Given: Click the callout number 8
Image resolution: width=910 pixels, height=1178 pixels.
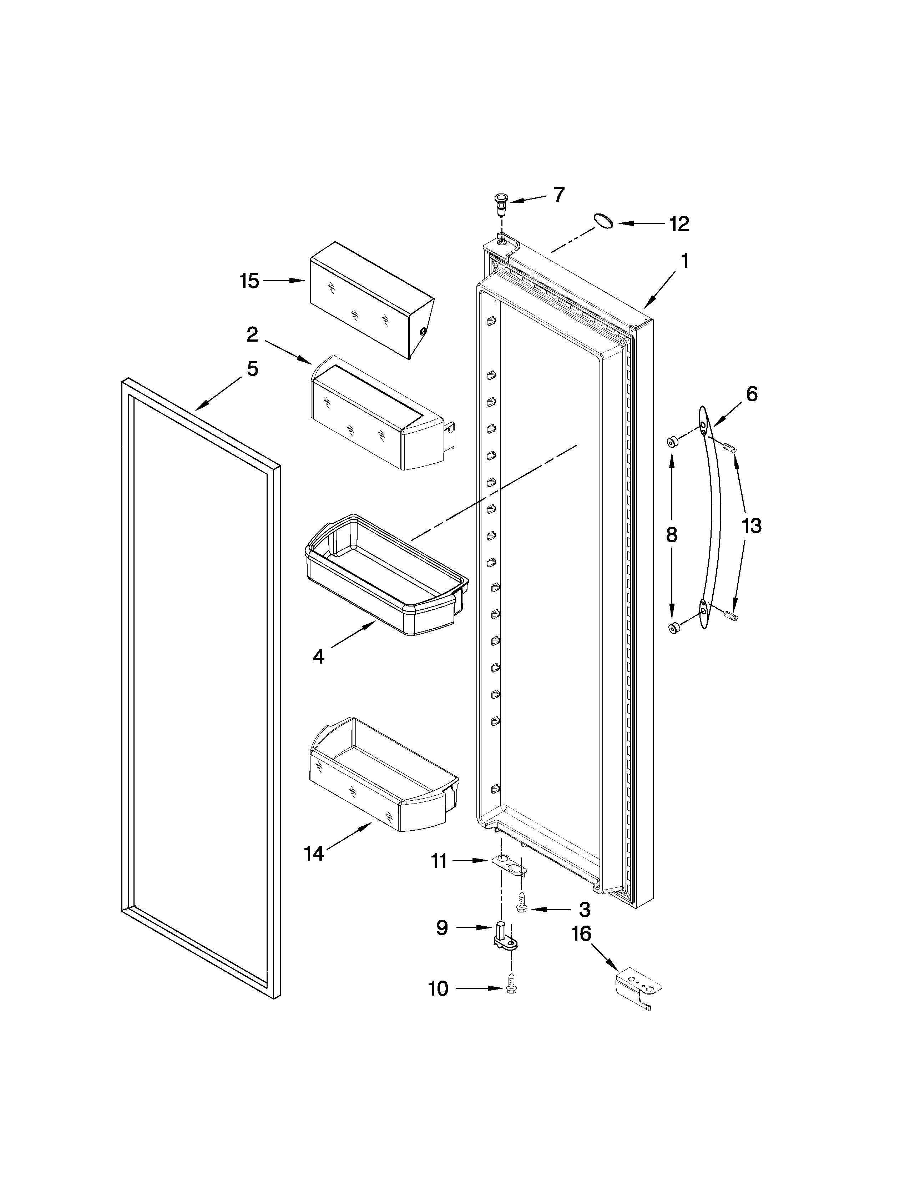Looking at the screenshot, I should click(671, 534).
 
